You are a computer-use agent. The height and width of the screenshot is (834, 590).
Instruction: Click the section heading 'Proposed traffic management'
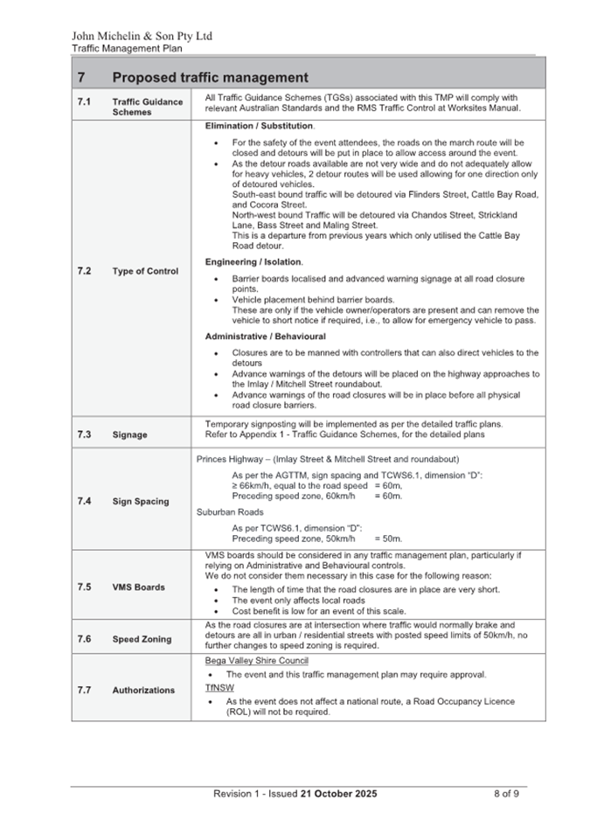coord(210,78)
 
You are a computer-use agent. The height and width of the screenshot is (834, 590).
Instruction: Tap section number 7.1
coord(84,102)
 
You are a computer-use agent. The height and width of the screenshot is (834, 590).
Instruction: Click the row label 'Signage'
coord(129,434)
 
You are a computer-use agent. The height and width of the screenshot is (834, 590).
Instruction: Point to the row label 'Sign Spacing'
coord(141,501)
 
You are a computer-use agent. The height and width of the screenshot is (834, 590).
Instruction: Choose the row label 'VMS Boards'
coord(138,587)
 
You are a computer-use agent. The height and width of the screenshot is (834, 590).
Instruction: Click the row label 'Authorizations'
coord(143,690)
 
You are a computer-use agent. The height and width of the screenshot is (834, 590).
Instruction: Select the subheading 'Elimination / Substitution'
coord(260,127)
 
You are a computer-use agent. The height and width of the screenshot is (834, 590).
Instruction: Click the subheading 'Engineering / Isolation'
coord(253,262)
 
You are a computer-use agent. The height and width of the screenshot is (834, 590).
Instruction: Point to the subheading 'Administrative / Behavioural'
coord(265,337)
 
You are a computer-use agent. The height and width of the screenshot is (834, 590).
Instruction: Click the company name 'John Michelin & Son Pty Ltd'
coord(142,37)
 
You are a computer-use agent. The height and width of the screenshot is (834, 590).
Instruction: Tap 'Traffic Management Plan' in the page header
coord(127,49)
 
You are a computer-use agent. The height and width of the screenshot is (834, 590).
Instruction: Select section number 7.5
coord(84,587)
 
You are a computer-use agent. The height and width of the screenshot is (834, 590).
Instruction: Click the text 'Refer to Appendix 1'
coord(245,434)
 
